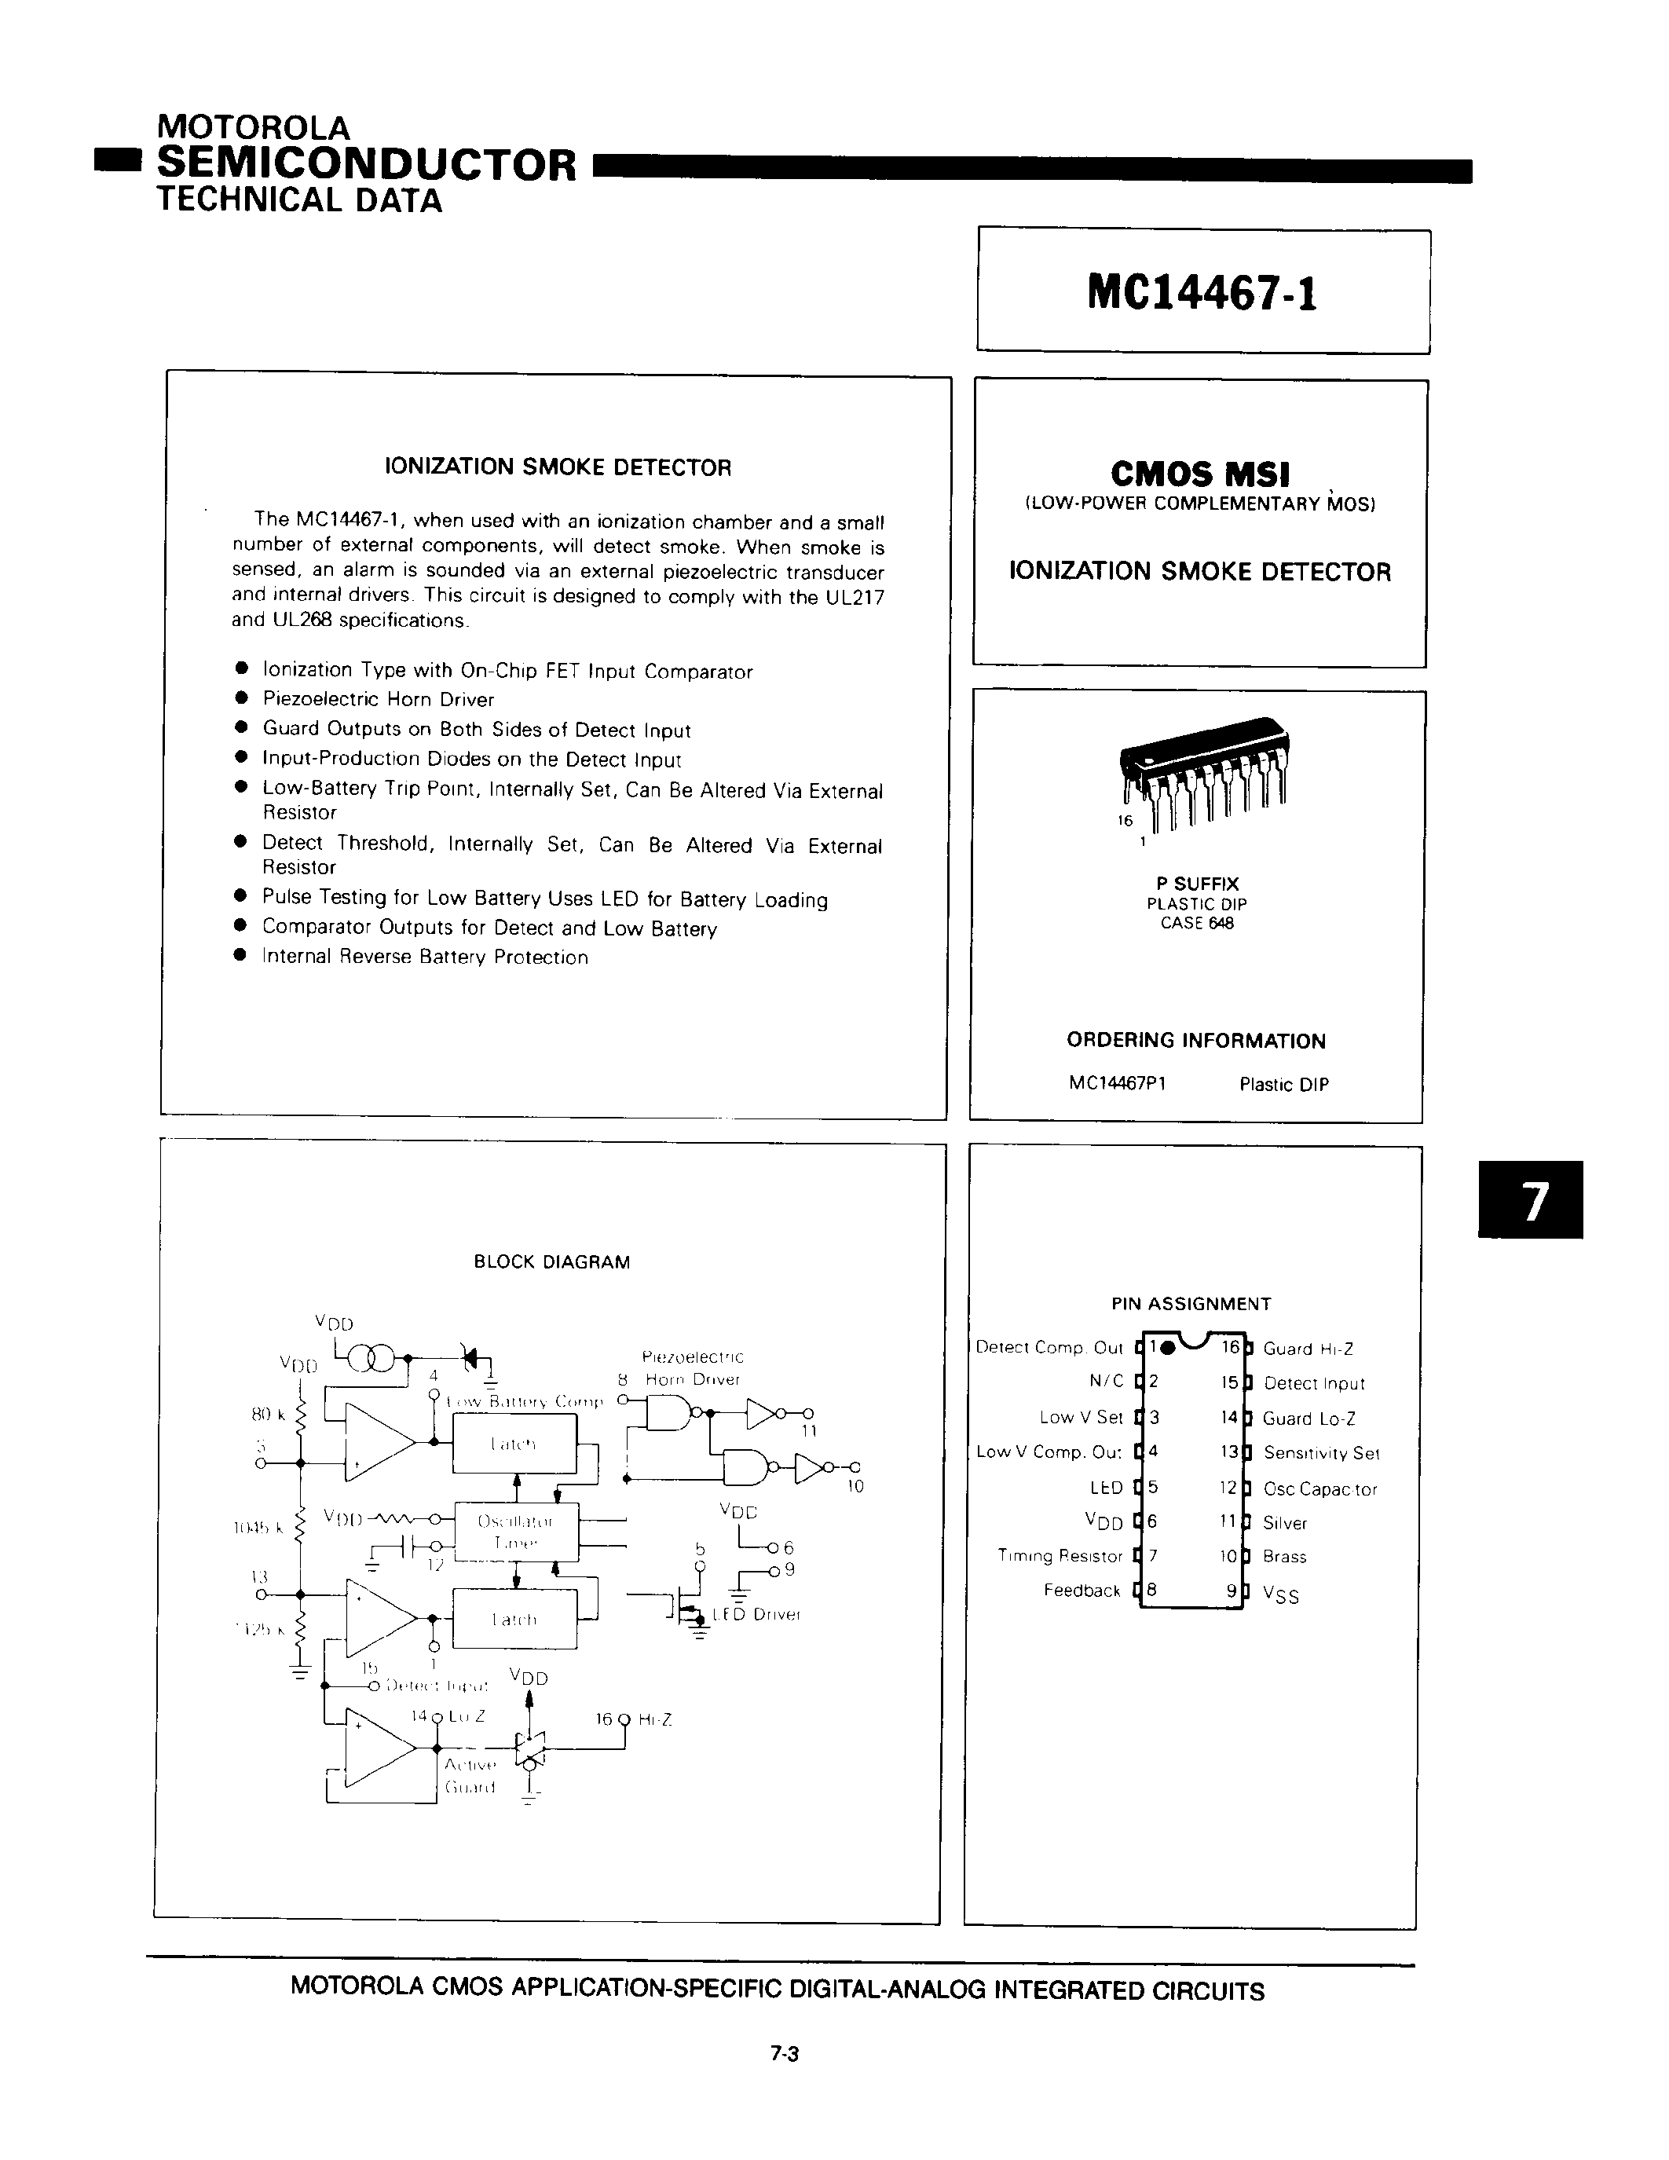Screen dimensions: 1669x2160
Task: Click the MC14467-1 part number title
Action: pos(1202,293)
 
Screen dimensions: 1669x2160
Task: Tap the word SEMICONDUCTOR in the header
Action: pos(366,164)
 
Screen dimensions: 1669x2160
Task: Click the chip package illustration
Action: pos(1202,771)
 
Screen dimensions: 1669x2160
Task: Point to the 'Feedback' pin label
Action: pos(1082,1591)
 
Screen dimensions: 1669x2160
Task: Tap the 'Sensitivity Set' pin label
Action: pos(1320,1453)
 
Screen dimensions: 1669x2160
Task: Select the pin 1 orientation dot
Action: pos(1168,1347)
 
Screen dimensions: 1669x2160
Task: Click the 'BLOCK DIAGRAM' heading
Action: pos(551,1262)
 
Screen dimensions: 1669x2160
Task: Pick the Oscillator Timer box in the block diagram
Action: pos(515,1531)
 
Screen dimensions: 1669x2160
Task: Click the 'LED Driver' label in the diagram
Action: pos(756,1614)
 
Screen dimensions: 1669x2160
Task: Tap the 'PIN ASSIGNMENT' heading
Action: pos(1191,1304)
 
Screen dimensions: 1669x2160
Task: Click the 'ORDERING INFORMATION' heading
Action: pos(1195,1041)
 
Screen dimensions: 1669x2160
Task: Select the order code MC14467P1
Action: pos(1118,1083)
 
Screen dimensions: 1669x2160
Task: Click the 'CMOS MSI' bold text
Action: pos(1200,474)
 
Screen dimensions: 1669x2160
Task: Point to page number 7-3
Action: pos(784,2053)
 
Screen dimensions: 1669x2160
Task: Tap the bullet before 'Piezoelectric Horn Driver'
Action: pos(240,698)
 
